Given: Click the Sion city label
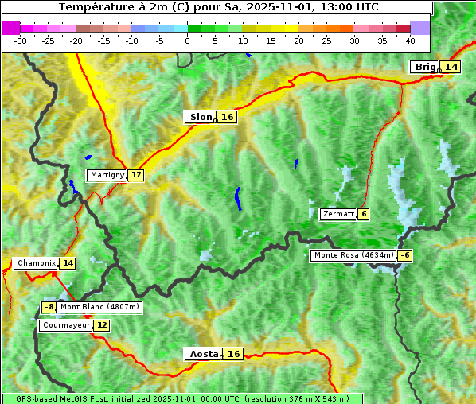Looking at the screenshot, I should (x=200, y=117).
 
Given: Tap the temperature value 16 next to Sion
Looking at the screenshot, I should (x=228, y=117).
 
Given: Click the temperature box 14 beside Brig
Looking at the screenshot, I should (x=451, y=67).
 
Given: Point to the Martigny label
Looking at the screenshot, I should (x=107, y=175).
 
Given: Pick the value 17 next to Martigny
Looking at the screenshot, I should (x=136, y=175).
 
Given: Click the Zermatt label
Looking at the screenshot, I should (x=338, y=214).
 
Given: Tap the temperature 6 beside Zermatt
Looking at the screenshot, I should (x=364, y=214).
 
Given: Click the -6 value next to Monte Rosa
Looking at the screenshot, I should (x=405, y=255).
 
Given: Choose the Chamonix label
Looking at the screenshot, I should (x=36, y=263).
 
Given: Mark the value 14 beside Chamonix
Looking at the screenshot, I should (x=68, y=263).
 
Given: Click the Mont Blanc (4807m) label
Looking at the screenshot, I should (x=99, y=307).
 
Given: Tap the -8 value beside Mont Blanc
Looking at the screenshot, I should (x=49, y=307).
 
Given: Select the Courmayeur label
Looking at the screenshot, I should (x=65, y=325).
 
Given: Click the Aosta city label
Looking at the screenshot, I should (x=202, y=354).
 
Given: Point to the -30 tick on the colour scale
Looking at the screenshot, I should (x=21, y=40).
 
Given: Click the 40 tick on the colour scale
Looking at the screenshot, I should (x=410, y=40).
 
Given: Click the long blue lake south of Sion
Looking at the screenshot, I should (x=237, y=198).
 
